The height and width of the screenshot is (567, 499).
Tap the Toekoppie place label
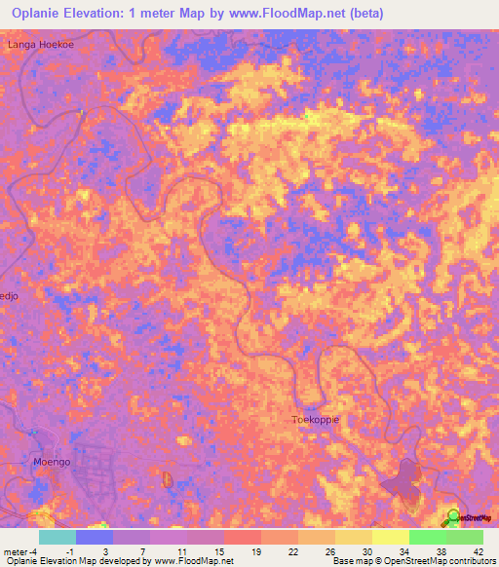(x=315, y=420)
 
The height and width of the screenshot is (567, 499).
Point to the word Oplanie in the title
(x=44, y=14)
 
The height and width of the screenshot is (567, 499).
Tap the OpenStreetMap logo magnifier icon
(x=453, y=516)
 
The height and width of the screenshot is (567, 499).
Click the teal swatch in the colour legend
(x=57, y=537)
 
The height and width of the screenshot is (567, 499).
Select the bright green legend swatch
(x=427, y=537)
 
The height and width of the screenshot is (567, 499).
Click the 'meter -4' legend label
(x=22, y=551)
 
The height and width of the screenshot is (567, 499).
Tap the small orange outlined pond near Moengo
(x=167, y=479)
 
